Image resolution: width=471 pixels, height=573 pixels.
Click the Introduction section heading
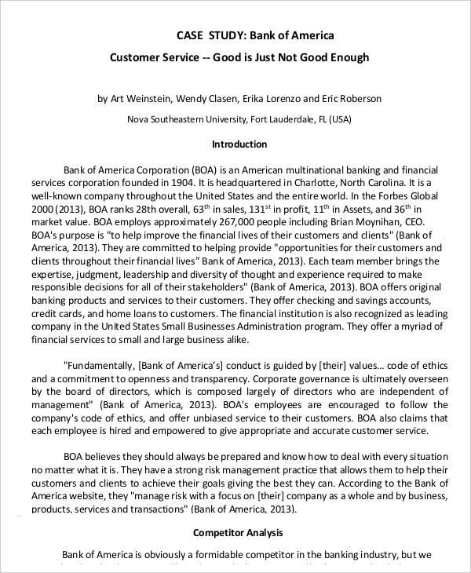point(240,144)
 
